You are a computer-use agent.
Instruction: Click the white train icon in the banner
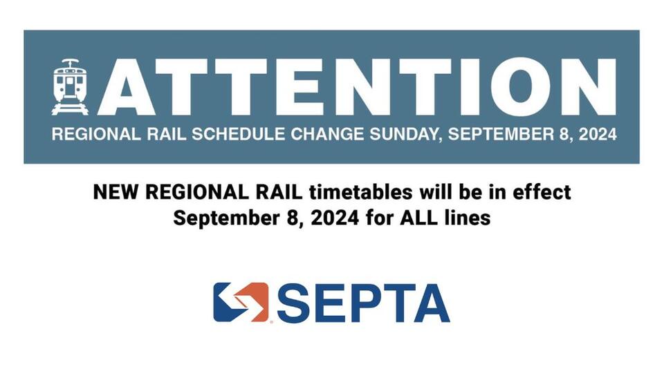70,86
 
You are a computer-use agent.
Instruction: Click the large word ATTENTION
356,86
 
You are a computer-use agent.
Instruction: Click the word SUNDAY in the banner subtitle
405,134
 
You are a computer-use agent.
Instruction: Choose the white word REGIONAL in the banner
86,134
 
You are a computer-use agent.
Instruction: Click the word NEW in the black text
111,191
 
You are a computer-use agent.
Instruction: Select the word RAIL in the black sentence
260,191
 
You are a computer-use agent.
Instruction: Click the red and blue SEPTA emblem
241,302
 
